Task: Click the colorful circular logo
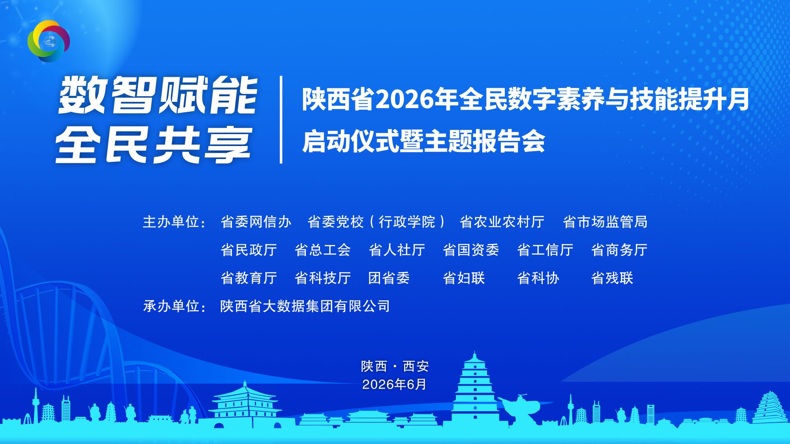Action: click(x=49, y=41)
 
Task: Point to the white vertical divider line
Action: click(x=281, y=120)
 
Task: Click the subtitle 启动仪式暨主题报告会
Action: click(x=423, y=141)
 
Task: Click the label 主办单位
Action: click(x=171, y=222)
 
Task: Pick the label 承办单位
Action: click(x=171, y=306)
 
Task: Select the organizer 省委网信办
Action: click(x=256, y=222)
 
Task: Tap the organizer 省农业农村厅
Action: click(x=502, y=222)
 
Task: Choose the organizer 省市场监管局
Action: click(x=605, y=222)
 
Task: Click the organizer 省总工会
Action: click(x=323, y=250)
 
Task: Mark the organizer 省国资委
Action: click(x=471, y=250)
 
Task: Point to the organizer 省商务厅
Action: click(x=619, y=250)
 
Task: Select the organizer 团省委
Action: click(x=389, y=278)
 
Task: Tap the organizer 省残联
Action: click(x=612, y=278)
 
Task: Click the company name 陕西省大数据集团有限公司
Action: click(x=305, y=306)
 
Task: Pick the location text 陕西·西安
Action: click(x=395, y=366)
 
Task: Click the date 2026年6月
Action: click(x=394, y=384)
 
